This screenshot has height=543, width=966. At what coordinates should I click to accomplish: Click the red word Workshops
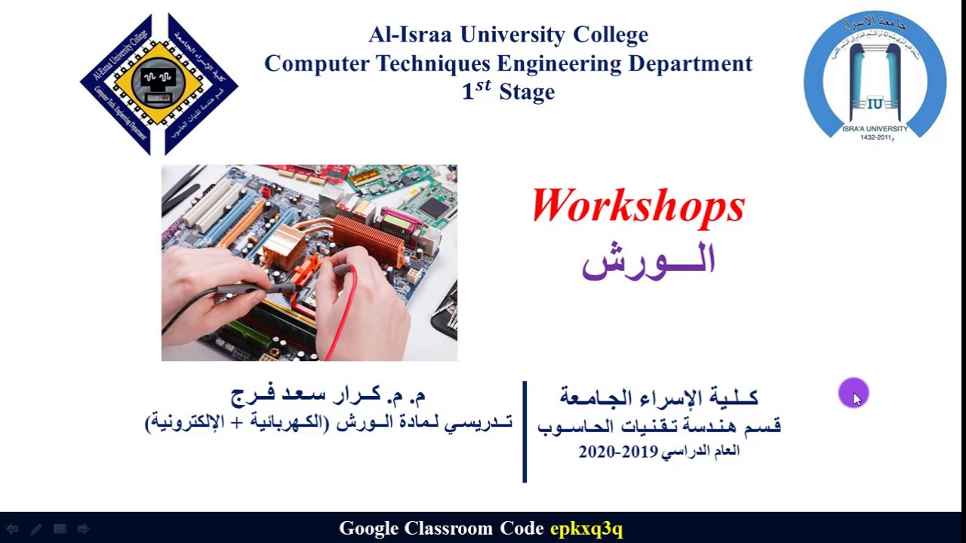(x=638, y=206)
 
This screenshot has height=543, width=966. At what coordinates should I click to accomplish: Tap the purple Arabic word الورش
(x=648, y=259)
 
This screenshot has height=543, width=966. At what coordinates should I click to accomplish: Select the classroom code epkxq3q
(x=586, y=529)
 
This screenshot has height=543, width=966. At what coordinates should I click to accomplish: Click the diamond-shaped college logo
(x=158, y=83)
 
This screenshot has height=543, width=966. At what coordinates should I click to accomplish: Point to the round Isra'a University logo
(x=875, y=77)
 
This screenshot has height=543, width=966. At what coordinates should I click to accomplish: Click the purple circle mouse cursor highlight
(x=853, y=393)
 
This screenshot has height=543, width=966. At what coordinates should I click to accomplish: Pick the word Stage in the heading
(x=527, y=92)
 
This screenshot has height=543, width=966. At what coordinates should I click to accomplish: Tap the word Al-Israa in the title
(x=411, y=35)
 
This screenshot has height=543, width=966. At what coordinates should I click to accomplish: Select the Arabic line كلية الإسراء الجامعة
(x=658, y=397)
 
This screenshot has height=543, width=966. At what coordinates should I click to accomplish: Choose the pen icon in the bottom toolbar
(x=35, y=529)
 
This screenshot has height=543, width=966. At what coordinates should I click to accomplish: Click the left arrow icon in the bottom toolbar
(x=12, y=529)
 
